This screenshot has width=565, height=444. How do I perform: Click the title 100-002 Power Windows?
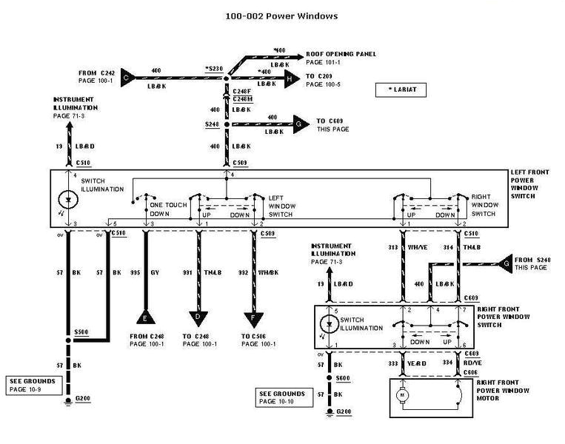282,14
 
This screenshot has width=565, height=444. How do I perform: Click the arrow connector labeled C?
127,77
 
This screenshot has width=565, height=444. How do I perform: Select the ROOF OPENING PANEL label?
341,54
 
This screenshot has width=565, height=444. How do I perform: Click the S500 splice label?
81,332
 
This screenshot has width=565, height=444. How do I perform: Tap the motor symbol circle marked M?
403,396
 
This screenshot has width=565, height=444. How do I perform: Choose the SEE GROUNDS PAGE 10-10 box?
281,397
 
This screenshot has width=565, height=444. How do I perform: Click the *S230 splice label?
214,69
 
